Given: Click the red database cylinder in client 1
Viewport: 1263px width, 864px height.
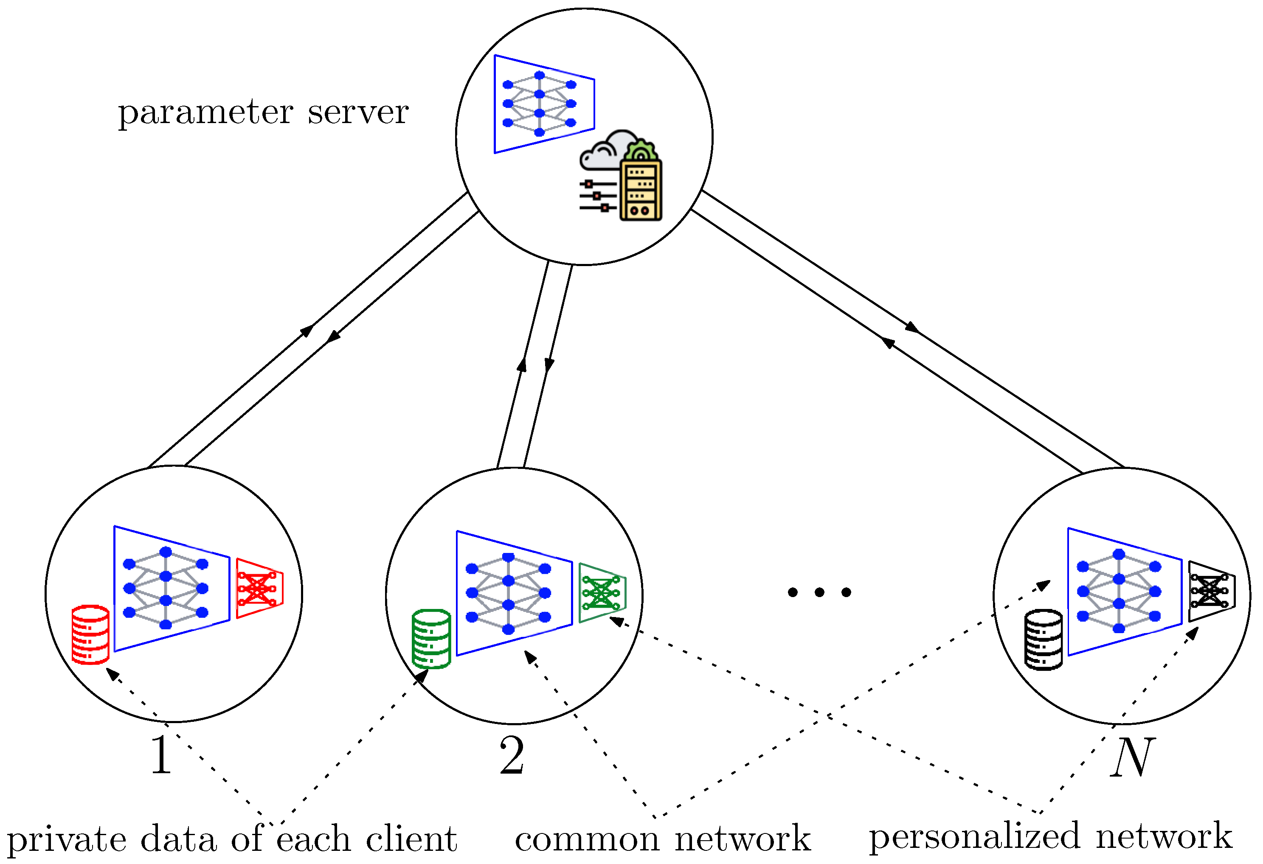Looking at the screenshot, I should [x=90, y=635].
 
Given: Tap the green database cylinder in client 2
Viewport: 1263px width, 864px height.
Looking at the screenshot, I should [x=431, y=639].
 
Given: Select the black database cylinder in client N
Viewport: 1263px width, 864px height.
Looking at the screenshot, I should [x=1043, y=640].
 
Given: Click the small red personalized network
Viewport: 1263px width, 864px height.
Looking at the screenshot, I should [x=260, y=588].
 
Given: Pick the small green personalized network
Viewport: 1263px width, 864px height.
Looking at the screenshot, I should [x=602, y=593].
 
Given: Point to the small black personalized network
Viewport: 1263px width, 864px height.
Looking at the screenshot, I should [x=1211, y=591].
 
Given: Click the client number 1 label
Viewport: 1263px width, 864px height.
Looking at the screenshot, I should [x=161, y=755].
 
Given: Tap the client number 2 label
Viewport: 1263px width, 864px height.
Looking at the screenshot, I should [x=512, y=755].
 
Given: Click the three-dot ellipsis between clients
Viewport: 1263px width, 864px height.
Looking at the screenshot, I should [x=819, y=592].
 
